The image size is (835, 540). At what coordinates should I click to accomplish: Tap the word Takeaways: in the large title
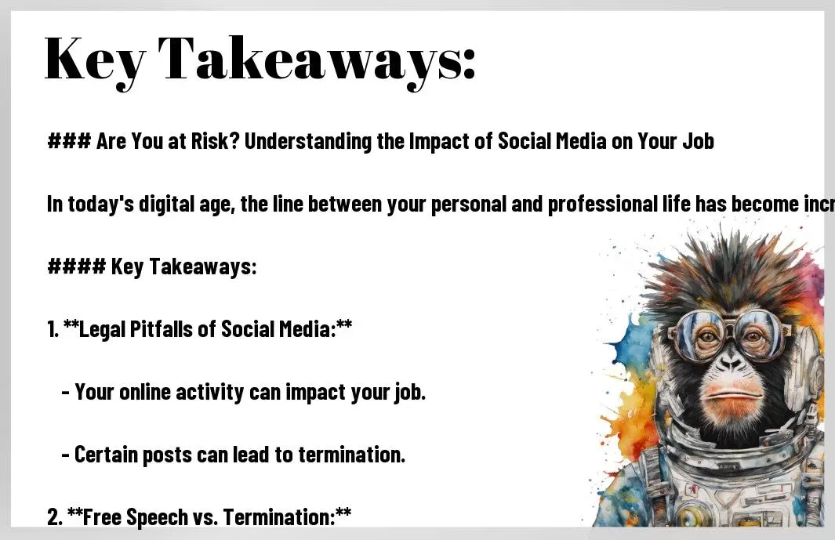point(316,61)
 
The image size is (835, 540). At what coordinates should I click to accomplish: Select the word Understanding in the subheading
point(308,142)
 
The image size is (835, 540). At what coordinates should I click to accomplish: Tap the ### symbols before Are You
point(69,141)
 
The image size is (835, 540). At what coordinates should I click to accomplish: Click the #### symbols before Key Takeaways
point(77,266)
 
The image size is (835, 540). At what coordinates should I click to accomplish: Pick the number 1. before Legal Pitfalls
point(53,329)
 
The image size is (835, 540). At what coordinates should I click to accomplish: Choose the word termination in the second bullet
point(351,455)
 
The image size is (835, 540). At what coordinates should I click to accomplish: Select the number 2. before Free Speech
point(54,517)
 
